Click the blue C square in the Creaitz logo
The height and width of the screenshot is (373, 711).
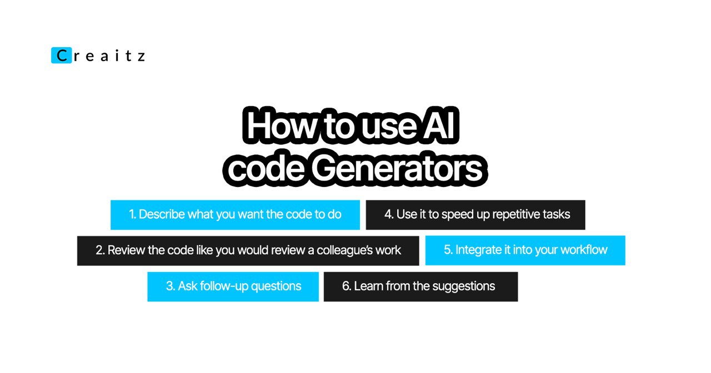click(x=61, y=56)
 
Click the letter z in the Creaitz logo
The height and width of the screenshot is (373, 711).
click(x=142, y=57)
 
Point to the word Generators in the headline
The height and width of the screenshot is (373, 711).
click(x=397, y=168)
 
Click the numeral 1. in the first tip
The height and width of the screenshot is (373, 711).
click(x=133, y=214)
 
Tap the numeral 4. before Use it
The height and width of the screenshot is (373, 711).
click(x=389, y=214)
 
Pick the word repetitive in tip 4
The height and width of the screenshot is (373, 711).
click(x=516, y=215)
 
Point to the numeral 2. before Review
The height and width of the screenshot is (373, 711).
click(x=101, y=250)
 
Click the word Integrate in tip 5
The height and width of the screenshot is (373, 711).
click(x=478, y=250)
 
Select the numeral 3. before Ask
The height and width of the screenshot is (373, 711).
click(x=171, y=286)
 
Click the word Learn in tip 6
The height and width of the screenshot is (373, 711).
click(x=368, y=286)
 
